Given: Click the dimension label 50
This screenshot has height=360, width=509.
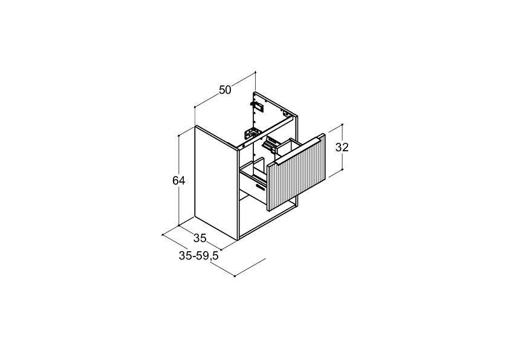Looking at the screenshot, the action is coord(225,90).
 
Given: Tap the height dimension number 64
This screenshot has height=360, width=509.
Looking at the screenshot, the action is coord(178,180).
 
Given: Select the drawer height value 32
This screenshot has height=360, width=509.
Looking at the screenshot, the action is coord(342,147).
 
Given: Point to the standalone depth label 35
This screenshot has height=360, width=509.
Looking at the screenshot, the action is coord(200,238).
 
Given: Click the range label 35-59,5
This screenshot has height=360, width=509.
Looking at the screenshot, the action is coord(199,256).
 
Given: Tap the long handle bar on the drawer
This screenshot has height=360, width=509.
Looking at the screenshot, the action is coord(298,151).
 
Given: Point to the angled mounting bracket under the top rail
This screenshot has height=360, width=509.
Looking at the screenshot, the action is coord(253,134).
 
